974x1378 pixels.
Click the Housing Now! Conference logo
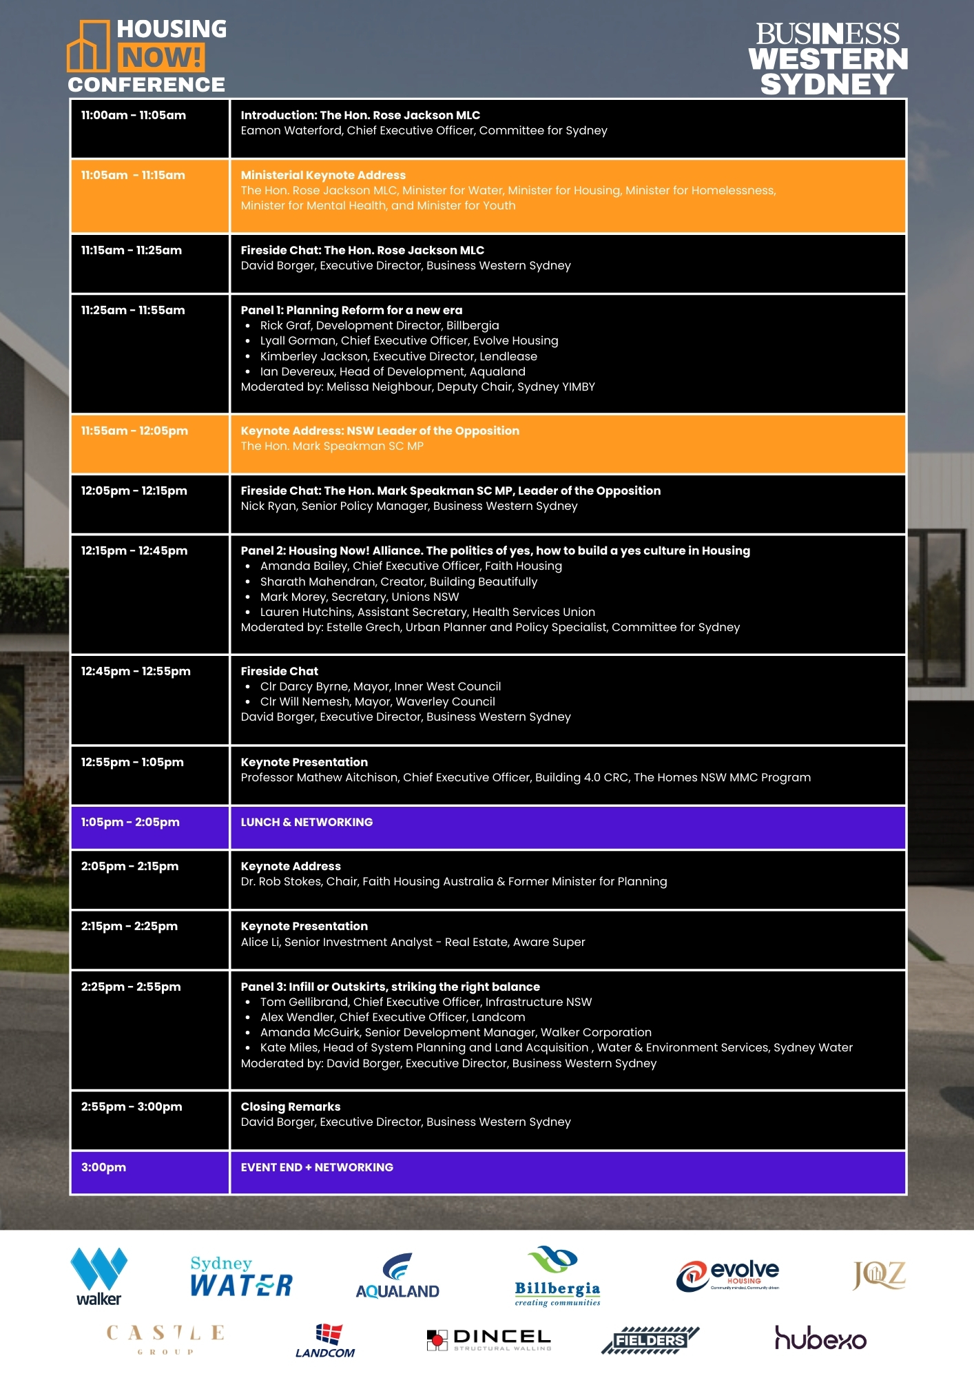147,56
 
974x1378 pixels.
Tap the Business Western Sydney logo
827,59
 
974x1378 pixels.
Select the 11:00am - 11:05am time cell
134,116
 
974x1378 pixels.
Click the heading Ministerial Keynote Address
323,176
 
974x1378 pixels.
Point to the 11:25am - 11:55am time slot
133,311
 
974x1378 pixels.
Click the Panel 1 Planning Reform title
351,311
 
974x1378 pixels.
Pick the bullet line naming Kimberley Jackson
398,357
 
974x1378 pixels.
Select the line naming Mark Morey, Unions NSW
359,597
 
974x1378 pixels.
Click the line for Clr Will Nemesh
377,702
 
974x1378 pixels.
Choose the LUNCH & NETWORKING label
307,823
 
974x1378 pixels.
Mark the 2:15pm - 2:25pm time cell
129,927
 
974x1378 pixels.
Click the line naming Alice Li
413,943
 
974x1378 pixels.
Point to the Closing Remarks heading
291,1107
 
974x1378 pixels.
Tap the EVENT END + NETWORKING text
317,1168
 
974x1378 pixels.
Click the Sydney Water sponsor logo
241,1277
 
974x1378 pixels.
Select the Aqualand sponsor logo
397,1277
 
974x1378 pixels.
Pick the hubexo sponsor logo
820,1338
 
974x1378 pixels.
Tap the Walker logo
99,1277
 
